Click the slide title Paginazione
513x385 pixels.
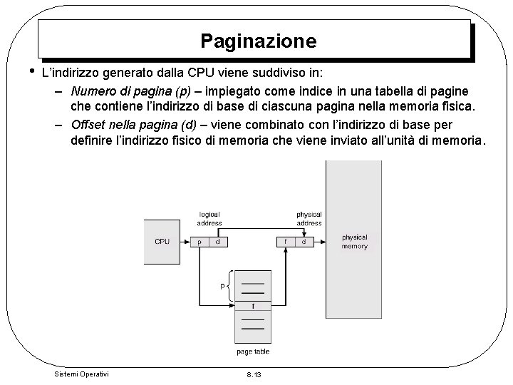258,41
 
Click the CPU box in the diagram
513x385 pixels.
162,242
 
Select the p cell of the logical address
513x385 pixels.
200,242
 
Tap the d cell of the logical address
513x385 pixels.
217,242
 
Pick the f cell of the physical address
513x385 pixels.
285,242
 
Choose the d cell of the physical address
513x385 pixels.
304,242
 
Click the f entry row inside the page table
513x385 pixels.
252,307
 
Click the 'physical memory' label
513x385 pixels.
354,242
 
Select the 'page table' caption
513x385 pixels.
252,352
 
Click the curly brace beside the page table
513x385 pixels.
229,285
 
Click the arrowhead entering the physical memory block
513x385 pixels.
322,242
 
